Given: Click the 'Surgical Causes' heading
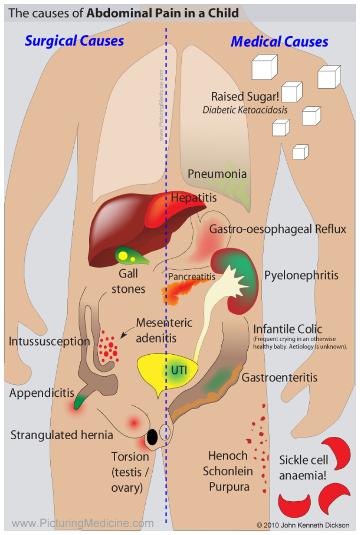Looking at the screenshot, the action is click(x=74, y=41).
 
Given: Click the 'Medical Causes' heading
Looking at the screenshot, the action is click(x=280, y=42).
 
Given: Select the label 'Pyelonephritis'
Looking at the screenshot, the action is click(x=301, y=275).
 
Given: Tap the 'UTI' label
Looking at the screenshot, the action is click(x=179, y=370).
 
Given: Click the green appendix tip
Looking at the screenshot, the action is click(x=79, y=401).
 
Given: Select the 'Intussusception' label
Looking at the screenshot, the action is click(x=49, y=341).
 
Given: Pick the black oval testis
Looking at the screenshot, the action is click(x=152, y=437).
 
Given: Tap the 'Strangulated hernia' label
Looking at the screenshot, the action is click(x=62, y=435).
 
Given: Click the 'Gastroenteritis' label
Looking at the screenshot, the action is click(x=280, y=378).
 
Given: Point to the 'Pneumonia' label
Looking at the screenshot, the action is click(x=217, y=174).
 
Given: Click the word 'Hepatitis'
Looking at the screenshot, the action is click(x=194, y=198).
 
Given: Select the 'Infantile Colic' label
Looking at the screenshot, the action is click(x=288, y=329).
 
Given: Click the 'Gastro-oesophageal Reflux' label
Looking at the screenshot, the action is click(x=277, y=229).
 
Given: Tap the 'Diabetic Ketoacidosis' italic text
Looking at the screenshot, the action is click(x=245, y=110).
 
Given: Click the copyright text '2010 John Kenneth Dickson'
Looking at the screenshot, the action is click(x=306, y=525).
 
